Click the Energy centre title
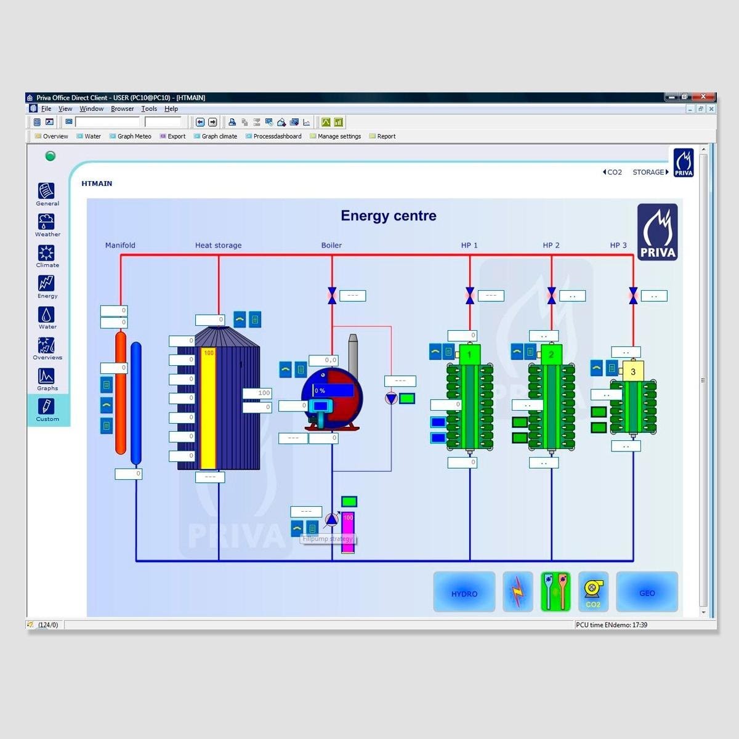point(389,216)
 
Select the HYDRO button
point(464,592)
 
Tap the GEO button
point(647,592)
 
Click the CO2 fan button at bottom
point(592,592)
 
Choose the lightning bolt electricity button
point(518,592)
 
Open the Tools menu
point(149,109)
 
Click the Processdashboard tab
point(277,137)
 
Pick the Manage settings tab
point(339,137)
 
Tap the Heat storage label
point(218,246)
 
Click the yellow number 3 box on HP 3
point(632,371)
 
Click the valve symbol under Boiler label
point(332,296)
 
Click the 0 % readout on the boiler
point(333,390)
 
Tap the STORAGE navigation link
point(649,172)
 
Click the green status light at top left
point(50,156)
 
